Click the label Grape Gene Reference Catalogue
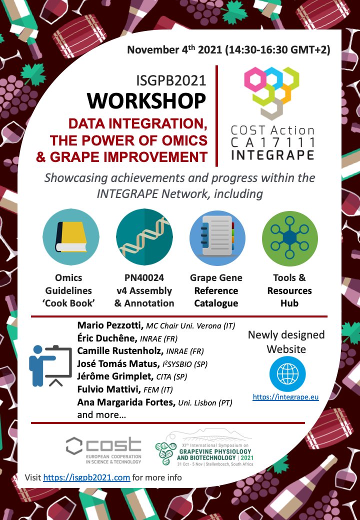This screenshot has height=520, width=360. [x=216, y=290]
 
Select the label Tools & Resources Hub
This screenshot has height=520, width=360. [x=289, y=290]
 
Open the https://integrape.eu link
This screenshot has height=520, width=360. [x=286, y=397]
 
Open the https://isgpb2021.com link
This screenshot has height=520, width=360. [x=86, y=477]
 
